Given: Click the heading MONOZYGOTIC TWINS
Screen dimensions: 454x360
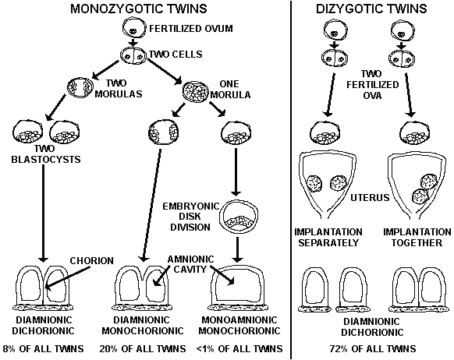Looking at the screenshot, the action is click(139, 9).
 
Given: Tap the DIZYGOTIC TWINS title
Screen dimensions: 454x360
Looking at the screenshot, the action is click(371, 9).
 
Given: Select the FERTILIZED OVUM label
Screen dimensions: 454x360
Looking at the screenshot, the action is click(191, 29).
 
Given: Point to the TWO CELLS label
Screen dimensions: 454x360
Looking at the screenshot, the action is click(176, 54).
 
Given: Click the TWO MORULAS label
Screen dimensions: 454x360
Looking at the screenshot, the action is click(119, 89).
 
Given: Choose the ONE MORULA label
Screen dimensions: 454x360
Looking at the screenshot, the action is click(230, 89).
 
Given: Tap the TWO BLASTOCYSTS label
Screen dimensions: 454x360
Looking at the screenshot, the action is click(46, 154).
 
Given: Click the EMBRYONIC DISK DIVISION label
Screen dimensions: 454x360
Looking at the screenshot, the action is click(190, 217).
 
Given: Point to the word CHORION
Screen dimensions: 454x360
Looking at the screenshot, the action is click(92, 261).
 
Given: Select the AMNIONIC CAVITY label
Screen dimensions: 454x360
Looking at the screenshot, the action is click(190, 264).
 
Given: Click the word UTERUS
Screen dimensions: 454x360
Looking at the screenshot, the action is click(370, 198).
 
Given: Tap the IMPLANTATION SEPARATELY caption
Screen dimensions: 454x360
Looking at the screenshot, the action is click(328, 237).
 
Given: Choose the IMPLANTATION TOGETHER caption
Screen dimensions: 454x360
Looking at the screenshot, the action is click(417, 237).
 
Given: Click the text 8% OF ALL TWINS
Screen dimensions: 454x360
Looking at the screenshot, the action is click(43, 349).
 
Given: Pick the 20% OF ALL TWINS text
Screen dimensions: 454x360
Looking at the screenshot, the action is click(143, 349).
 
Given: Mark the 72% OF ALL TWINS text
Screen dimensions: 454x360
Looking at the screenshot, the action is click(373, 349).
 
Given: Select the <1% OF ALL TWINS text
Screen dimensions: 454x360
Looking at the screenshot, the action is click(239, 349).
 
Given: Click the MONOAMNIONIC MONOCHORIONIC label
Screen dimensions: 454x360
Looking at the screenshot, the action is click(239, 325).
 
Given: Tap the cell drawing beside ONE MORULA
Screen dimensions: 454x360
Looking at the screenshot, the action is click(196, 91).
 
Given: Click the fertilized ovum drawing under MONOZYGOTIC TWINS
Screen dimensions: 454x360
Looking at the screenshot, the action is click(133, 28).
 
